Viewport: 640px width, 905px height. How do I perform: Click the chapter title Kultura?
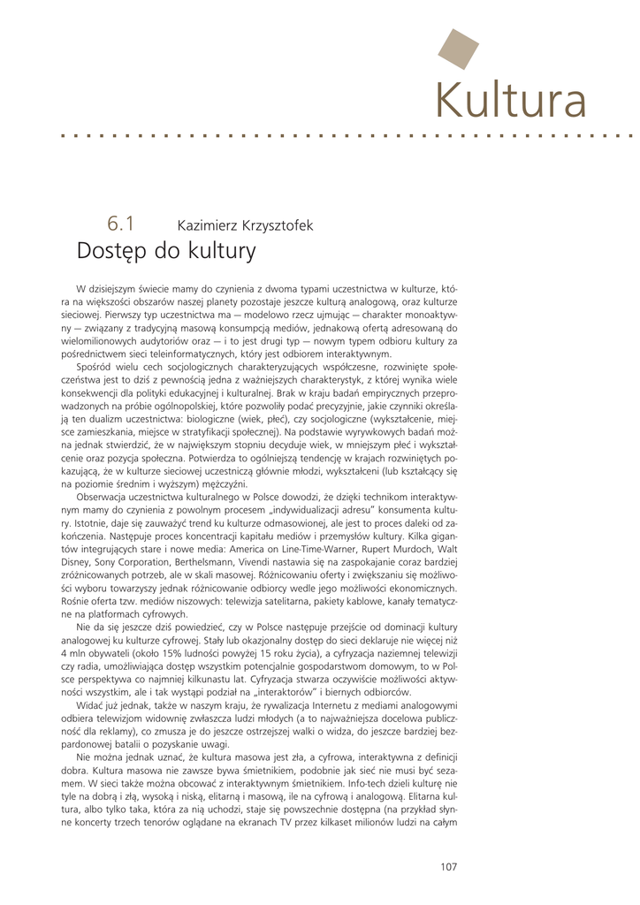(511, 100)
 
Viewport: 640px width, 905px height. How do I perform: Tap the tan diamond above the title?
(458, 49)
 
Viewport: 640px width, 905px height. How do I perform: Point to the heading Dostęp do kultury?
(166, 252)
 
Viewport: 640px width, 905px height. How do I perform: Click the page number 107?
(449, 867)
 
